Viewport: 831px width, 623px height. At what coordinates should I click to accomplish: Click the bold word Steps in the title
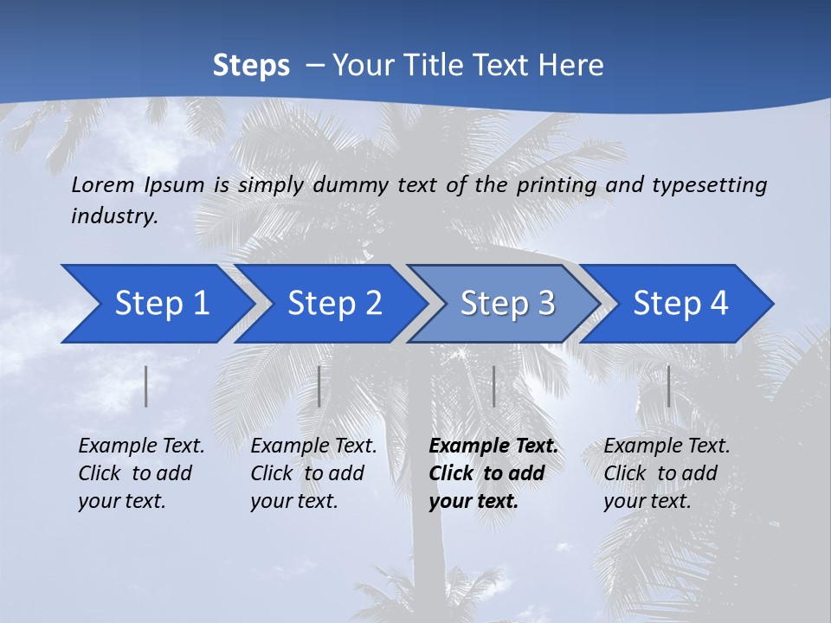(251, 66)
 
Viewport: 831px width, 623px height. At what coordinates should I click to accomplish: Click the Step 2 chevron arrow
(333, 304)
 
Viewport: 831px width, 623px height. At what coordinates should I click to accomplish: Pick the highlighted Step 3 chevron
(506, 304)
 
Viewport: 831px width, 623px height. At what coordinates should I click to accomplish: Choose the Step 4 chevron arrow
(680, 304)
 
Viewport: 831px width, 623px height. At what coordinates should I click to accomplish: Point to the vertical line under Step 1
(146, 386)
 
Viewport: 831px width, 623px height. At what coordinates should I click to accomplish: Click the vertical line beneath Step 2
(319, 386)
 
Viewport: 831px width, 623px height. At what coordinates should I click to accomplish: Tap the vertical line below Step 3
(493, 386)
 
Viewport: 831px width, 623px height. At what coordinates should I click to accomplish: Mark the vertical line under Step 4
(668, 386)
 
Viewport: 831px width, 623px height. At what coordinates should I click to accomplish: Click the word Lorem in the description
(103, 184)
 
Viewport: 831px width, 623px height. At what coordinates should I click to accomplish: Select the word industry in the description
(114, 216)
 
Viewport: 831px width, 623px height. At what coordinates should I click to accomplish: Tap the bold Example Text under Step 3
(493, 446)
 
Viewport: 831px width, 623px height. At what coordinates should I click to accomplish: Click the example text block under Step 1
(141, 473)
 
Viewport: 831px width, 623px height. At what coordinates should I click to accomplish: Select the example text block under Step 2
(313, 473)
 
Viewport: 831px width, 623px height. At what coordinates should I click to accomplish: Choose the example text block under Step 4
(667, 473)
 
